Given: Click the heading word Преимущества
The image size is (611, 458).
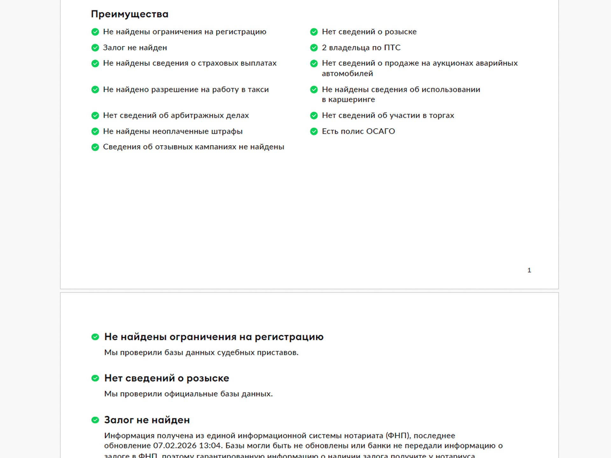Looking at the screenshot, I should tap(130, 14).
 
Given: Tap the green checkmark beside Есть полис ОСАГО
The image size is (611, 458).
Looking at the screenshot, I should tap(314, 131).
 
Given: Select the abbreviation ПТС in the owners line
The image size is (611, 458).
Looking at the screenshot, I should tap(392, 48).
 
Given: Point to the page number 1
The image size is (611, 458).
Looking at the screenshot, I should tap(529, 270).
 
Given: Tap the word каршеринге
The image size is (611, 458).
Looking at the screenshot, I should tap(352, 100).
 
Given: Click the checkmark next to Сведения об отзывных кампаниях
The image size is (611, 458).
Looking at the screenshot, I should tap(95, 147).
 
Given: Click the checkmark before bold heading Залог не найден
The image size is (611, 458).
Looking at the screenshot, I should tap(95, 420).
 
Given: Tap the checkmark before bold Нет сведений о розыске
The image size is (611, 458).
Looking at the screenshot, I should tap(95, 378).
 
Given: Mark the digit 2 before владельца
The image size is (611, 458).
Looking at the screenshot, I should tap(324, 48).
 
